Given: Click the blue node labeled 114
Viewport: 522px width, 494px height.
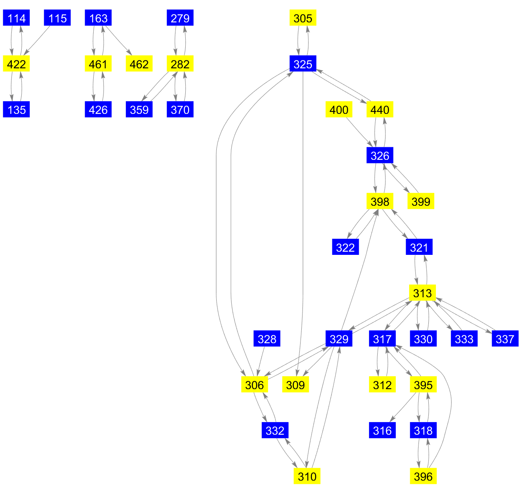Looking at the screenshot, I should (17, 18).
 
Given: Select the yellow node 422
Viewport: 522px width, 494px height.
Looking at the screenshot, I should (17, 64).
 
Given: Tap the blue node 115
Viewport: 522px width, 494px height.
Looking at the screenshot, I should (57, 18).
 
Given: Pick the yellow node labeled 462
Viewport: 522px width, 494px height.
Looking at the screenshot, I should (139, 64).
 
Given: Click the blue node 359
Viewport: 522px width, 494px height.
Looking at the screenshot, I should (139, 110).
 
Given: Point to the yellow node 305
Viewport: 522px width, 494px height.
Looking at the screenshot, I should (303, 18).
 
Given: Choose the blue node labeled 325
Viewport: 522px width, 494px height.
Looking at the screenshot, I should (303, 64).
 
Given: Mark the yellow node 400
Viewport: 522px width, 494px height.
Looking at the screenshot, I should (339, 110).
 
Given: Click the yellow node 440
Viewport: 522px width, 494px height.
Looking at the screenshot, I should (380, 110).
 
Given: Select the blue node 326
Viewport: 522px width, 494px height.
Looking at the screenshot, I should (380, 156).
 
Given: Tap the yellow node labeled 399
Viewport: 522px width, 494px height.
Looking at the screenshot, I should (421, 201).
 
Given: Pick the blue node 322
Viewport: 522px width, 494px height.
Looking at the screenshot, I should (345, 247).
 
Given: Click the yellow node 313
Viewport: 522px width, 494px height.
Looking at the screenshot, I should (423, 293).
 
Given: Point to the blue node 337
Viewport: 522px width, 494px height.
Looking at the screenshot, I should (505, 339).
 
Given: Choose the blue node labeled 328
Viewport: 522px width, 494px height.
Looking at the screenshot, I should (267, 339).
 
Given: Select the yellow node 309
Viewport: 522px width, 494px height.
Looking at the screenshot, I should (295, 385).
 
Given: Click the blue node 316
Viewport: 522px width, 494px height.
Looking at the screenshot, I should (382, 431).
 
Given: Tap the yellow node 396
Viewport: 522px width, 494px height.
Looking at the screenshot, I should (423, 477).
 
